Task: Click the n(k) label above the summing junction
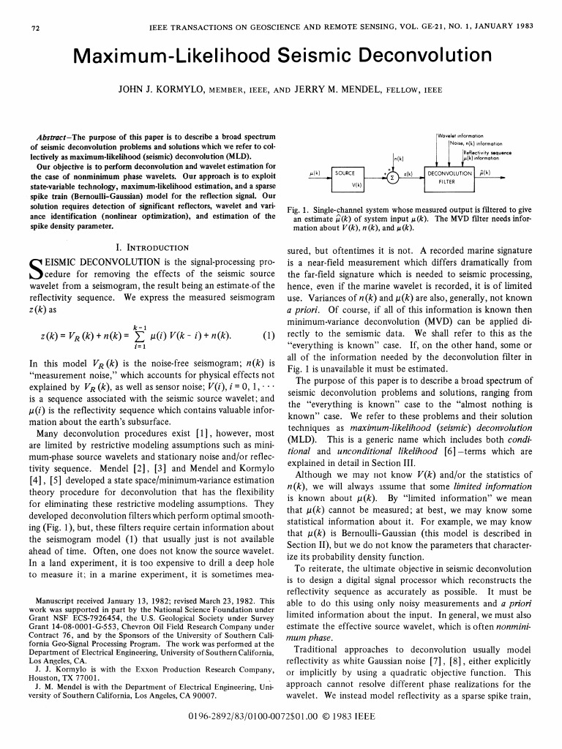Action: point(399,158)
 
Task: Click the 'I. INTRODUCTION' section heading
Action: point(153,248)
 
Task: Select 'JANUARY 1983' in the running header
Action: point(503,29)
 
